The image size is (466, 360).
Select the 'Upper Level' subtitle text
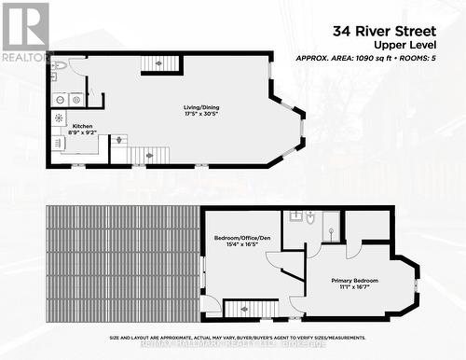(x=425, y=44)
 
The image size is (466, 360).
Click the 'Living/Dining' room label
(x=202, y=107)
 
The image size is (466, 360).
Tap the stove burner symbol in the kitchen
(x=59, y=118)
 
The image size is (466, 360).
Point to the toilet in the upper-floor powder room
(x=58, y=66)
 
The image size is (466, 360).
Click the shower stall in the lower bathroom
(x=331, y=225)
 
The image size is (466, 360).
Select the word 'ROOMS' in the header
(x=433, y=58)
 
